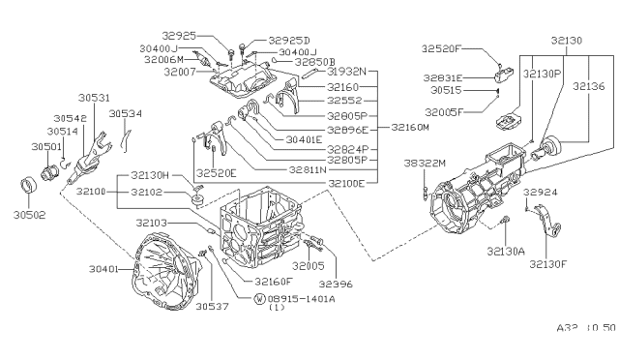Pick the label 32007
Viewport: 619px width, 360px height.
(x=181, y=72)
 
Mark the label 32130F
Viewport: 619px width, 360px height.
(x=545, y=261)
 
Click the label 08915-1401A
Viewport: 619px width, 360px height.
(x=297, y=298)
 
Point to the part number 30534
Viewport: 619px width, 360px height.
(x=125, y=113)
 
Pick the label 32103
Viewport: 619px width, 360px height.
(x=154, y=223)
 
